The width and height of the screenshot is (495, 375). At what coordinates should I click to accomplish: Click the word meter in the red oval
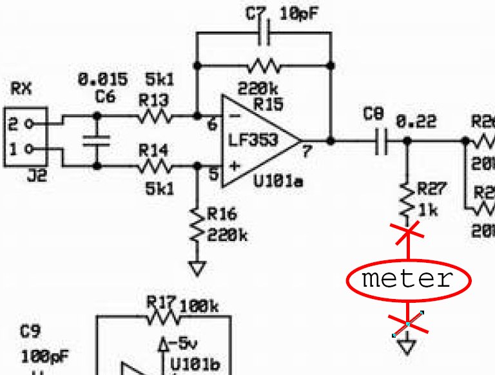pyautogui.click(x=407, y=280)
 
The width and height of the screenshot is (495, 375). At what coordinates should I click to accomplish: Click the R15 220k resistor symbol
pyautogui.click(x=264, y=65)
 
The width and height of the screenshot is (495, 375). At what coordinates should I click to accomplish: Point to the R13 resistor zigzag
pyautogui.click(x=155, y=117)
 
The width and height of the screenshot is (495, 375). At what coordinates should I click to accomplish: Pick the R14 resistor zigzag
pyautogui.click(x=155, y=167)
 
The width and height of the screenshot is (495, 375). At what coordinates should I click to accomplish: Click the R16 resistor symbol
pyautogui.click(x=197, y=226)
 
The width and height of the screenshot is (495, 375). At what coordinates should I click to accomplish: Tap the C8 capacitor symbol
pyautogui.click(x=381, y=141)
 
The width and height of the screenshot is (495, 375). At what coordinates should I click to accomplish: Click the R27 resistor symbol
pyautogui.click(x=407, y=200)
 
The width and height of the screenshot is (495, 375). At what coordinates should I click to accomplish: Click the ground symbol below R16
pyautogui.click(x=197, y=266)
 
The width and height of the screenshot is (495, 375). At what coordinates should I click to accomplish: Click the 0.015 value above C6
pyautogui.click(x=102, y=80)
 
